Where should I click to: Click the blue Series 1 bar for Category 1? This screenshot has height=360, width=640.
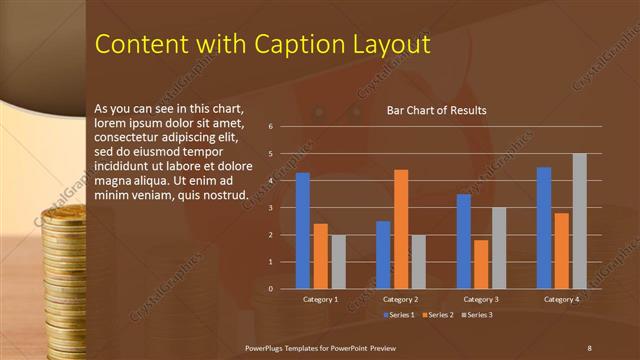[x=303, y=231]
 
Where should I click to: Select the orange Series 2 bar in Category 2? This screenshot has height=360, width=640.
[x=401, y=229]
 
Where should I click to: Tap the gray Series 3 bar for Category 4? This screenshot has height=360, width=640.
[x=579, y=221]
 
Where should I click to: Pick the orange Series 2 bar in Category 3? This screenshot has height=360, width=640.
[x=481, y=264]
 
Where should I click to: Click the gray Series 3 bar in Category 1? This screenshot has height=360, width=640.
[x=338, y=262]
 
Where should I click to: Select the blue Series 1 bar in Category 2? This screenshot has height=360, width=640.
[x=383, y=255]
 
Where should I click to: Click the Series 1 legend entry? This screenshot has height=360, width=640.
[x=400, y=315]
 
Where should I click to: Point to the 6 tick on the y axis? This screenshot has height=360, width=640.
[x=270, y=127]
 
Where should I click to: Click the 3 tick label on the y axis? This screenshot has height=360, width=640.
[x=270, y=208]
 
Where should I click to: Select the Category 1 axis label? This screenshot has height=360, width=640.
[x=320, y=299]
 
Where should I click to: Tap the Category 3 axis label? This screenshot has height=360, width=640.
[x=481, y=299]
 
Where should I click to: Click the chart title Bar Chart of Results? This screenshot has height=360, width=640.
[x=437, y=110]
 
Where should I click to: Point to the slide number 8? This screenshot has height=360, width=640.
[x=589, y=347]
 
